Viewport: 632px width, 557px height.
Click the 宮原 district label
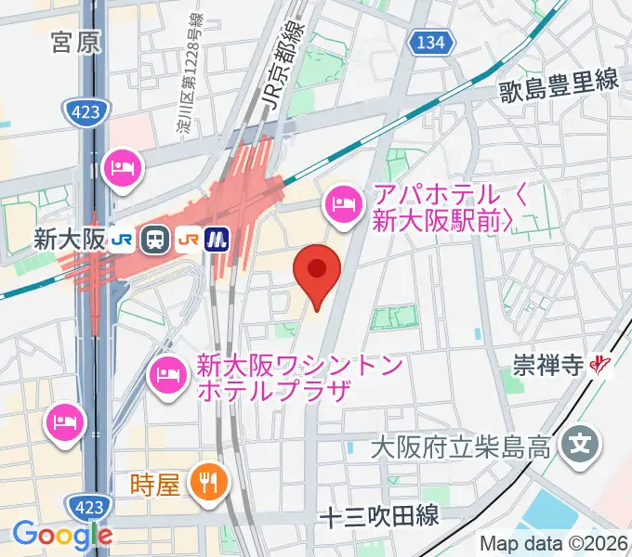click(75, 43)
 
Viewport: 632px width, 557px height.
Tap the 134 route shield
click(430, 42)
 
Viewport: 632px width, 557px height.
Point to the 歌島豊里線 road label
click(559, 83)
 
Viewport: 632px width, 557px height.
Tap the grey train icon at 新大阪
click(154, 240)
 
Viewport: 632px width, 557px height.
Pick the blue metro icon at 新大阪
click(217, 240)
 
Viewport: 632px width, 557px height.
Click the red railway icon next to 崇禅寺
click(602, 366)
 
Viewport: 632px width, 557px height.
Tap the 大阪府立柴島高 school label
click(464, 447)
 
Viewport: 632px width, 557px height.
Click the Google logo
click(61, 535)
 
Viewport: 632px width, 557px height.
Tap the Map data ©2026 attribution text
click(554, 543)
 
